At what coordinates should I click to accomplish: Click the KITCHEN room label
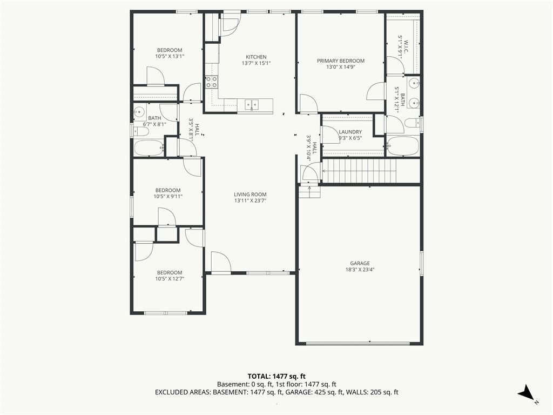(x=256, y=57)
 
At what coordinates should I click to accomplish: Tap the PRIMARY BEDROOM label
(x=341, y=61)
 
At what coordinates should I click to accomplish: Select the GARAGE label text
(x=360, y=263)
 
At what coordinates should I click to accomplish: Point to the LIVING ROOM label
(x=250, y=195)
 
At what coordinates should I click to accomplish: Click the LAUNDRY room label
(x=350, y=132)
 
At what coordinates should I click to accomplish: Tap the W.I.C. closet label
(x=406, y=47)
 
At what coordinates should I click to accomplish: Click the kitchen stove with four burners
(x=211, y=82)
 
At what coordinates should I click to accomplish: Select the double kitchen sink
(x=252, y=104)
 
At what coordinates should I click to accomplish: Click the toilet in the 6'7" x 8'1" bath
(x=141, y=132)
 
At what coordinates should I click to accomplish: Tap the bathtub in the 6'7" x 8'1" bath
(x=149, y=148)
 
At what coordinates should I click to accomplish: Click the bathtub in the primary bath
(x=403, y=146)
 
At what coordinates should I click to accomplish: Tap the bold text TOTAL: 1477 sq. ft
(x=274, y=377)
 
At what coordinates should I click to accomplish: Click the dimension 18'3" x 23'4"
(x=360, y=270)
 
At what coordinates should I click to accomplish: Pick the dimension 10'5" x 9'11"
(x=168, y=197)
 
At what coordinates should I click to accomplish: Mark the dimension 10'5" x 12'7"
(x=170, y=279)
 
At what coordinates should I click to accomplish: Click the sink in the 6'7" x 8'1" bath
(x=139, y=112)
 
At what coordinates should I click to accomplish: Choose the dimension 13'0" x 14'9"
(x=340, y=67)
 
